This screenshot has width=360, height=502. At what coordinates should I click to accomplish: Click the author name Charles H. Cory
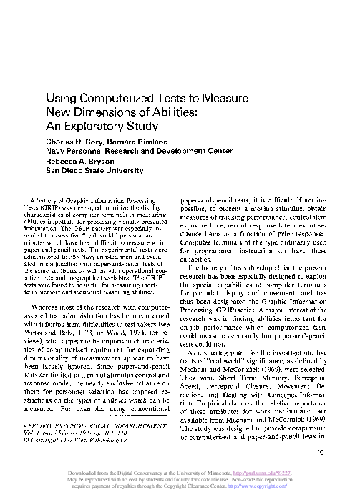point(74,140)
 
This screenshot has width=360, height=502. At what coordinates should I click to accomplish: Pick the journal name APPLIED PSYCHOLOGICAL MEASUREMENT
point(98,425)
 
